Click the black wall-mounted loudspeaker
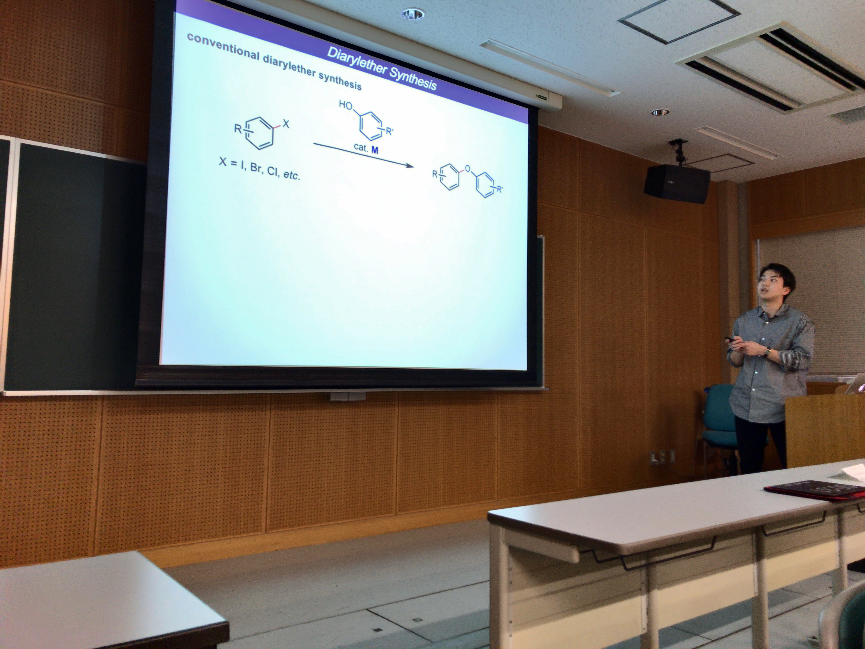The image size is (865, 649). (677, 183)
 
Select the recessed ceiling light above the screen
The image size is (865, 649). (413, 14)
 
